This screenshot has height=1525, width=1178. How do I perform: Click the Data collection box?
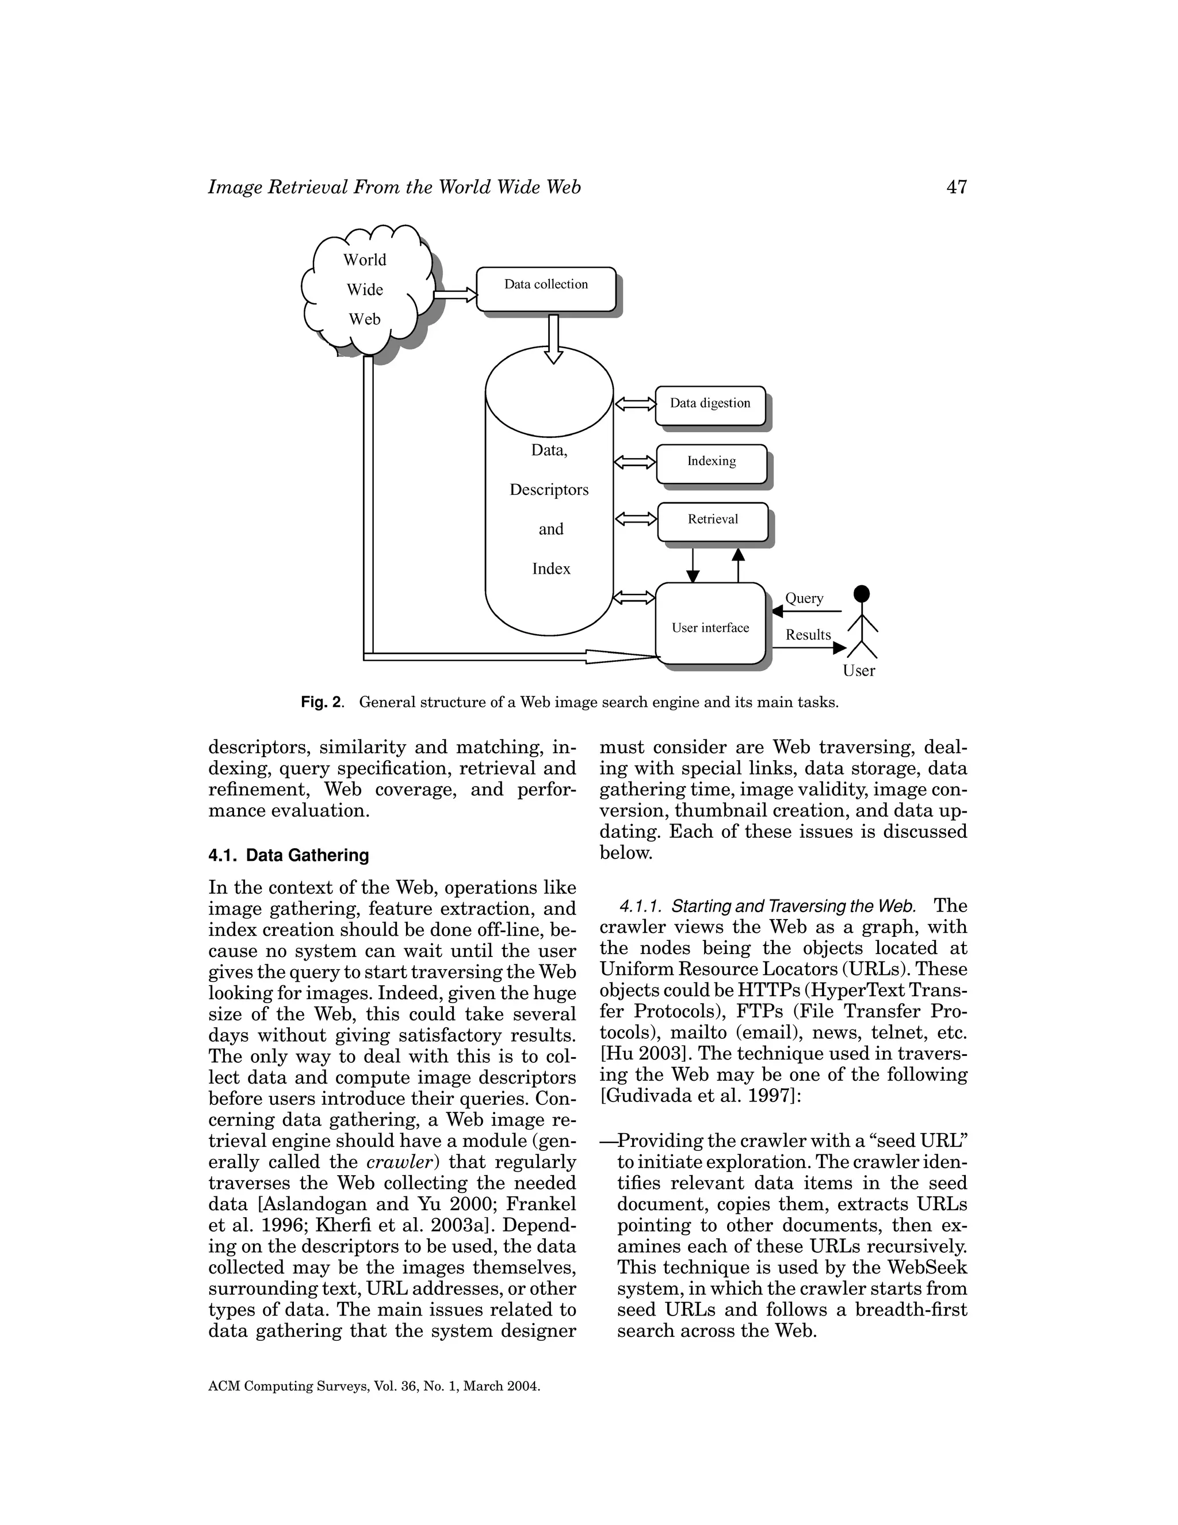tap(546, 288)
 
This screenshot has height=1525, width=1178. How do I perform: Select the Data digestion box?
tap(710, 405)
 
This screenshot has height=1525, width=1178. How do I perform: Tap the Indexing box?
tap(711, 463)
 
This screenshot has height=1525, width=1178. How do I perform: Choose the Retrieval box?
tap(713, 521)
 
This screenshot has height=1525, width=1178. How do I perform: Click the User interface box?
tap(710, 624)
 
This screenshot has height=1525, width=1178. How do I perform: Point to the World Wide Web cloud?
tap(365, 290)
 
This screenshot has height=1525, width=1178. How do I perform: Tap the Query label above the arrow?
tap(804, 598)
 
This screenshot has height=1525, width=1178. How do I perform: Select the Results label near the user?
tap(808, 635)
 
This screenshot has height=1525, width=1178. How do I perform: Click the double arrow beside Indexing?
tap(634, 462)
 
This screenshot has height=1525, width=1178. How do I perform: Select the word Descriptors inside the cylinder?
tap(549, 490)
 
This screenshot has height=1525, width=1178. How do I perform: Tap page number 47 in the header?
tap(956, 187)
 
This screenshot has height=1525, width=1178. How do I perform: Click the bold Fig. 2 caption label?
tap(322, 701)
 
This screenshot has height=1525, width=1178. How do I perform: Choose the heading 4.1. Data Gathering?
tap(288, 855)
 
